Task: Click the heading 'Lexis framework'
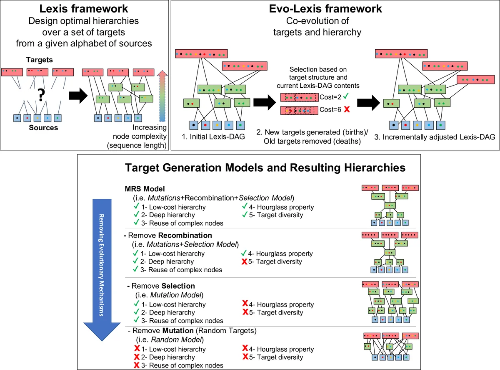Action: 84,9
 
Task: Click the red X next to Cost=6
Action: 346,110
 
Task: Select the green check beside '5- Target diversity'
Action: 244,215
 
